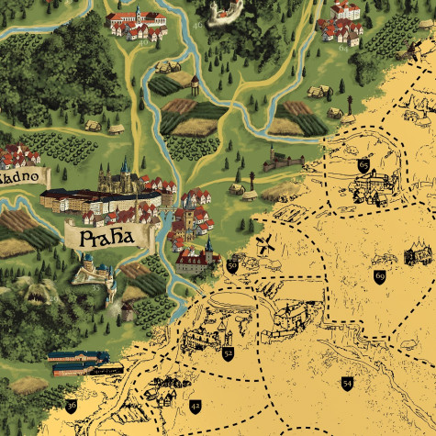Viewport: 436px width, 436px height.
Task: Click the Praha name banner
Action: pyautogui.click(x=105, y=239)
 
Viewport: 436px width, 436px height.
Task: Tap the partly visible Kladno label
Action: pyautogui.click(x=20, y=174)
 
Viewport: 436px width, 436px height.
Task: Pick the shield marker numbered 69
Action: pyautogui.click(x=380, y=275)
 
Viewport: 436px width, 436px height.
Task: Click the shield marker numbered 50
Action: pyautogui.click(x=232, y=265)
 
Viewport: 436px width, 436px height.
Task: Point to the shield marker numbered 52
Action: pyautogui.click(x=228, y=352)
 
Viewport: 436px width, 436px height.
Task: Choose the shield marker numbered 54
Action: pyautogui.click(x=347, y=382)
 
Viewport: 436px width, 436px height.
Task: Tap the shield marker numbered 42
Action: pyautogui.click(x=195, y=405)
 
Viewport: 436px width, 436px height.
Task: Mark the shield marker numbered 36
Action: pyautogui.click(x=72, y=405)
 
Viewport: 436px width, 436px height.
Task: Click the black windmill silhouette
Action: pyautogui.click(x=265, y=244)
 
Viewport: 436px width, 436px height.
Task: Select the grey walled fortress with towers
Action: pyautogui.click(x=283, y=162)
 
